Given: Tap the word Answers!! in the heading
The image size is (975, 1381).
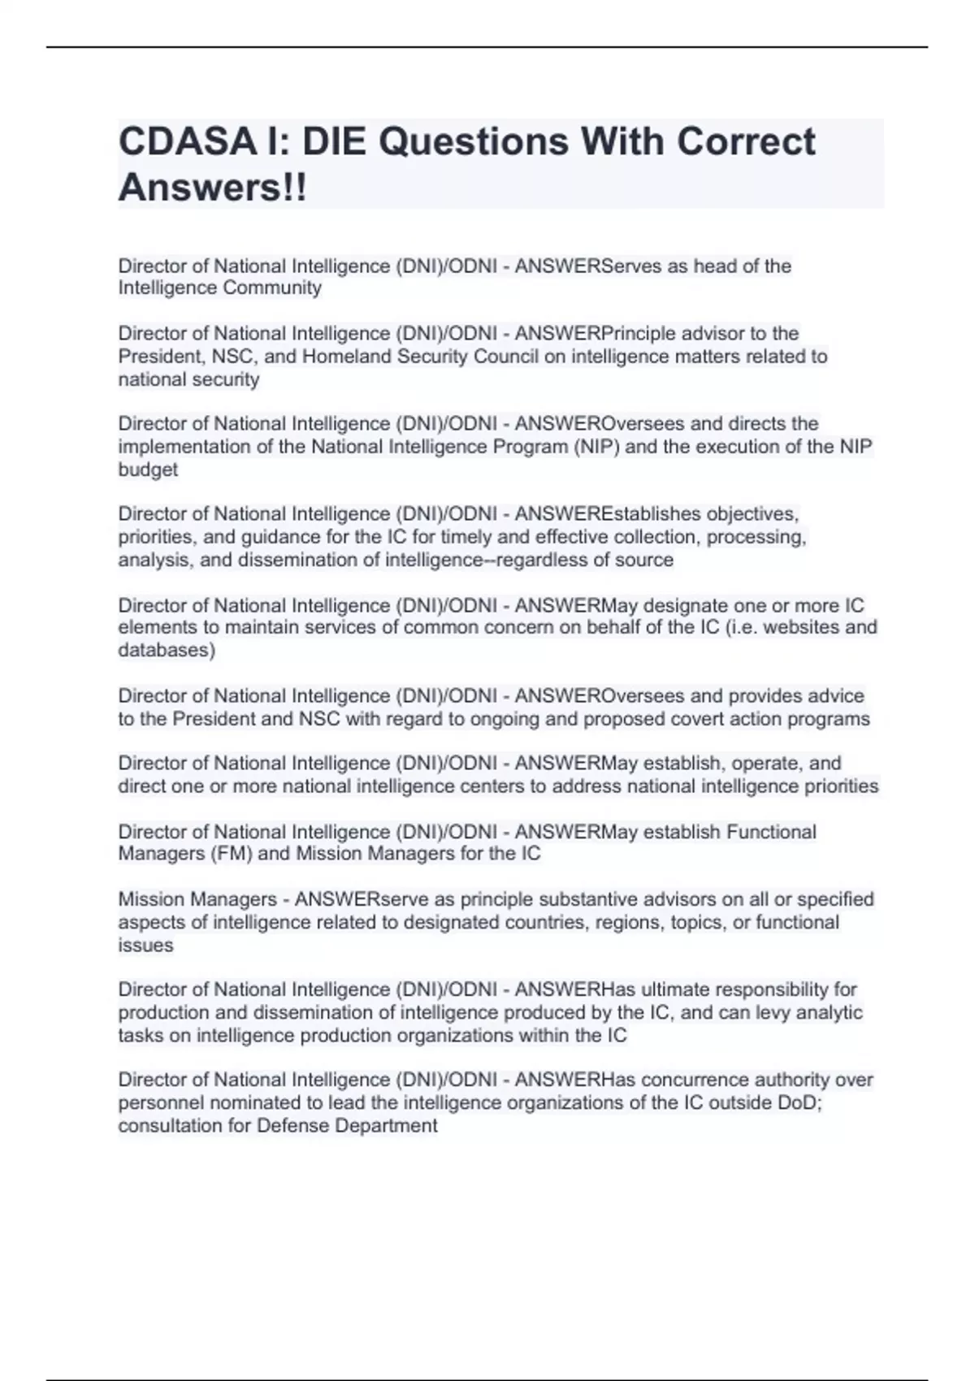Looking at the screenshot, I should coord(213,188).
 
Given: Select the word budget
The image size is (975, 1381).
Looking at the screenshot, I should coord(148,470).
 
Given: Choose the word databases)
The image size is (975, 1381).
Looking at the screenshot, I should coord(167,650).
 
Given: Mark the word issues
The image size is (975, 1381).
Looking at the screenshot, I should coord(145,945).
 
